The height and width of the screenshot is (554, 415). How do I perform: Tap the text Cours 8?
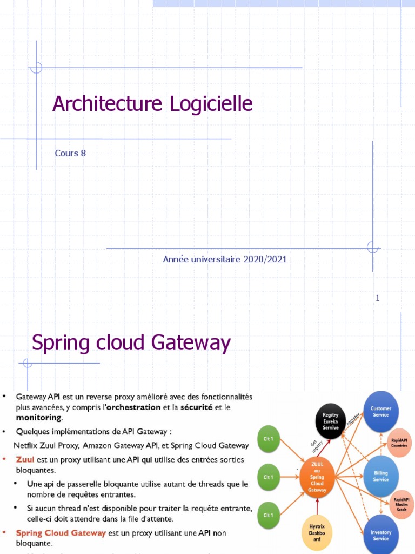tap(70, 153)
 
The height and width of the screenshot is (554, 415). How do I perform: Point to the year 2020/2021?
tap(265, 260)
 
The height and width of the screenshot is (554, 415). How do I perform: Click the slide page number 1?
tap(378, 298)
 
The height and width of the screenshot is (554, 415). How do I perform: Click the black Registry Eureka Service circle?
tap(331, 421)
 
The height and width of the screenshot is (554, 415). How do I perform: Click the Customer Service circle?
tap(381, 411)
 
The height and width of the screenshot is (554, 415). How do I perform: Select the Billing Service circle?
tap(381, 476)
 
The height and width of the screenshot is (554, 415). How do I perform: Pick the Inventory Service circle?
tap(381, 535)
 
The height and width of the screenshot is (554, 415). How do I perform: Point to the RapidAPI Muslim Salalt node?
tap(400, 505)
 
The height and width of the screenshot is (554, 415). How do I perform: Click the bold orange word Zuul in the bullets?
tap(25, 460)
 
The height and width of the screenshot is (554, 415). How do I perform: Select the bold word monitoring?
tap(39, 418)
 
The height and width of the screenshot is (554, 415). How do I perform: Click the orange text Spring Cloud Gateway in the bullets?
tap(61, 533)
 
